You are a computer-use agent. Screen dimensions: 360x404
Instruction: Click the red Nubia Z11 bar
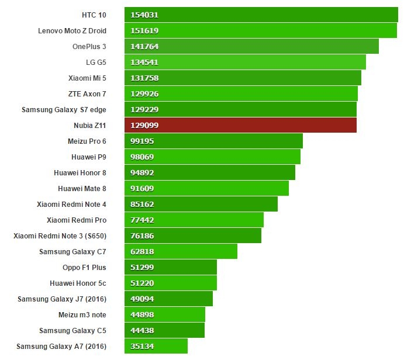(240, 125)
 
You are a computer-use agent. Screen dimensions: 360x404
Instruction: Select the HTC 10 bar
(261, 15)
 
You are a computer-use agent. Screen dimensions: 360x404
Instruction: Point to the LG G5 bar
(245, 62)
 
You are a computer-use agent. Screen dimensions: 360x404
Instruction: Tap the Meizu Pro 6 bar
(213, 141)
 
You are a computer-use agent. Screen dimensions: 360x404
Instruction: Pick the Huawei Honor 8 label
(80, 172)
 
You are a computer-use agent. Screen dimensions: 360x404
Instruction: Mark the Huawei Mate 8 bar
(206, 188)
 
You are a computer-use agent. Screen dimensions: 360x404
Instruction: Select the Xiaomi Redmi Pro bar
(194, 220)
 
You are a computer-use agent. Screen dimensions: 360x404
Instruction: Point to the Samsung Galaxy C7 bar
(181, 251)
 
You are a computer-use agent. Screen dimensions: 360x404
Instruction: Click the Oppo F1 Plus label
(84, 267)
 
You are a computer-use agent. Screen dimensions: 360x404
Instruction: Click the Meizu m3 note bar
(165, 314)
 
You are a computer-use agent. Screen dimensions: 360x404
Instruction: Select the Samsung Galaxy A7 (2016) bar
(156, 346)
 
